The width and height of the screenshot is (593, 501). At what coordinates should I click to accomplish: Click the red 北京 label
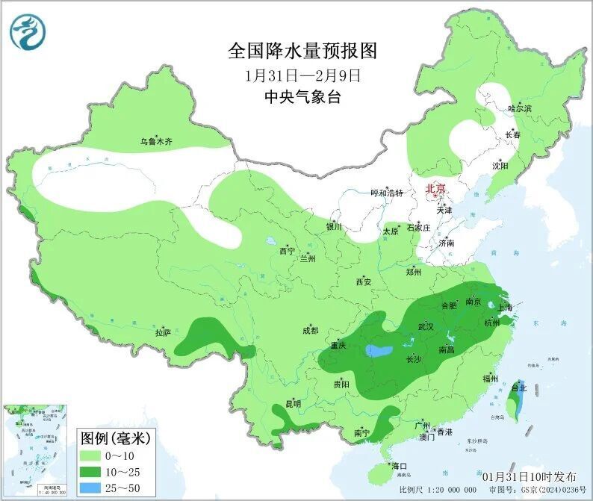[435, 189]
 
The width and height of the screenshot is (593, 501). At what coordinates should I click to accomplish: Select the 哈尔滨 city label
[520, 109]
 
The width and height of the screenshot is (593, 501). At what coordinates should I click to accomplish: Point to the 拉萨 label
[163, 332]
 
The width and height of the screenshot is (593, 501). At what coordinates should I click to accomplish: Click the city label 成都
[310, 330]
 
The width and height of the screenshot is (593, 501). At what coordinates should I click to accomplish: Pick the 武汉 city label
[426, 326]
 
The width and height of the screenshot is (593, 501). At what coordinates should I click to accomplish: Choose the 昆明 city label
[294, 404]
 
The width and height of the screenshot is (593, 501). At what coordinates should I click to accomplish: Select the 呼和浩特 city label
[387, 193]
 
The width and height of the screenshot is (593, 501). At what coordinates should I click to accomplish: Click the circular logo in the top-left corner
[28, 32]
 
